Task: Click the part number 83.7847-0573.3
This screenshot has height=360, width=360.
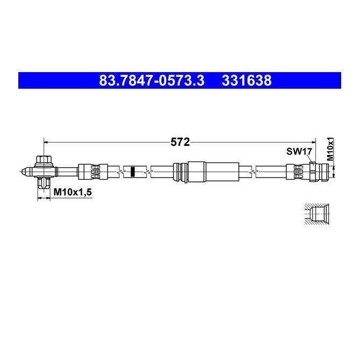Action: tap(152, 81)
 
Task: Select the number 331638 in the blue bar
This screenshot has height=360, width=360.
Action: tap(246, 81)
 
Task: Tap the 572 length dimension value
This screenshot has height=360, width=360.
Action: tap(180, 142)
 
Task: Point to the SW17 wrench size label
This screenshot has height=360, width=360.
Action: tap(299, 152)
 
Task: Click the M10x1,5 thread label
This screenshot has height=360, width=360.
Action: tap(73, 192)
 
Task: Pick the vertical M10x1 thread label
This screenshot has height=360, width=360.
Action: tap(330, 149)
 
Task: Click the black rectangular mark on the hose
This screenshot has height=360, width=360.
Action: tap(132, 172)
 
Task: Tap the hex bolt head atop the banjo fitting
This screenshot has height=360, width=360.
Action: tap(44, 160)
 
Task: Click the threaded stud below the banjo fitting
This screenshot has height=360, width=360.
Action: tap(44, 183)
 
